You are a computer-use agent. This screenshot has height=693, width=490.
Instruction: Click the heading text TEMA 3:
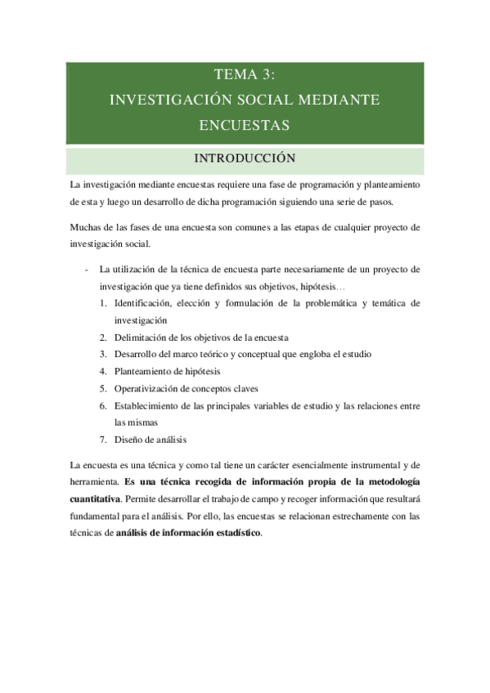click(245, 75)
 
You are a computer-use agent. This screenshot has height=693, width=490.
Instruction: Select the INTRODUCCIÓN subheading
click(245, 157)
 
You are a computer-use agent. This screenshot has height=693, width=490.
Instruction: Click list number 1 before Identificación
click(104, 303)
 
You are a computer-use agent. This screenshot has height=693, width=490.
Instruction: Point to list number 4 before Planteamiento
click(104, 371)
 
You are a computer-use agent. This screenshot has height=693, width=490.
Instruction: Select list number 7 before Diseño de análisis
click(104, 439)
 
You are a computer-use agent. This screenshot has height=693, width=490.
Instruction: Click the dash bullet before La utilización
click(88, 269)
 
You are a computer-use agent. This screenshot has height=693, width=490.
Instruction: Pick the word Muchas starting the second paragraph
click(86, 227)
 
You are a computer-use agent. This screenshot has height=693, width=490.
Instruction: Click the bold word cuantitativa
click(95, 499)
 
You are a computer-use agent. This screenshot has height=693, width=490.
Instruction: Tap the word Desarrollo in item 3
click(137, 354)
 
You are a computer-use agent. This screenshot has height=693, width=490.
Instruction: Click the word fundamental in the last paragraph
click(97, 516)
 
